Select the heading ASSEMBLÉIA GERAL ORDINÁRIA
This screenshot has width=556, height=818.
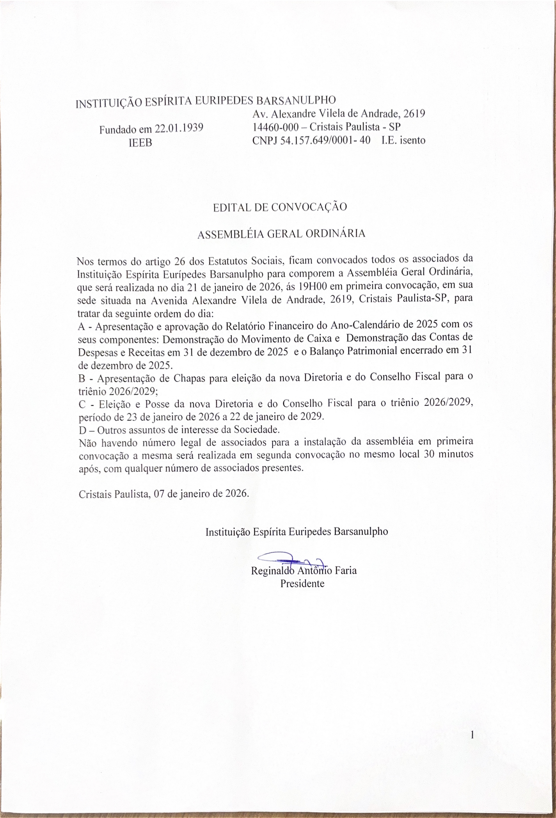coord(281,234)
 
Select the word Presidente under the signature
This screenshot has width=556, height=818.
coord(302,584)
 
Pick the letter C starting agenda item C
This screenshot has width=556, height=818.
coord(82,405)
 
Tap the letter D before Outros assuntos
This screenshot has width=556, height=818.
coord(82,430)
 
